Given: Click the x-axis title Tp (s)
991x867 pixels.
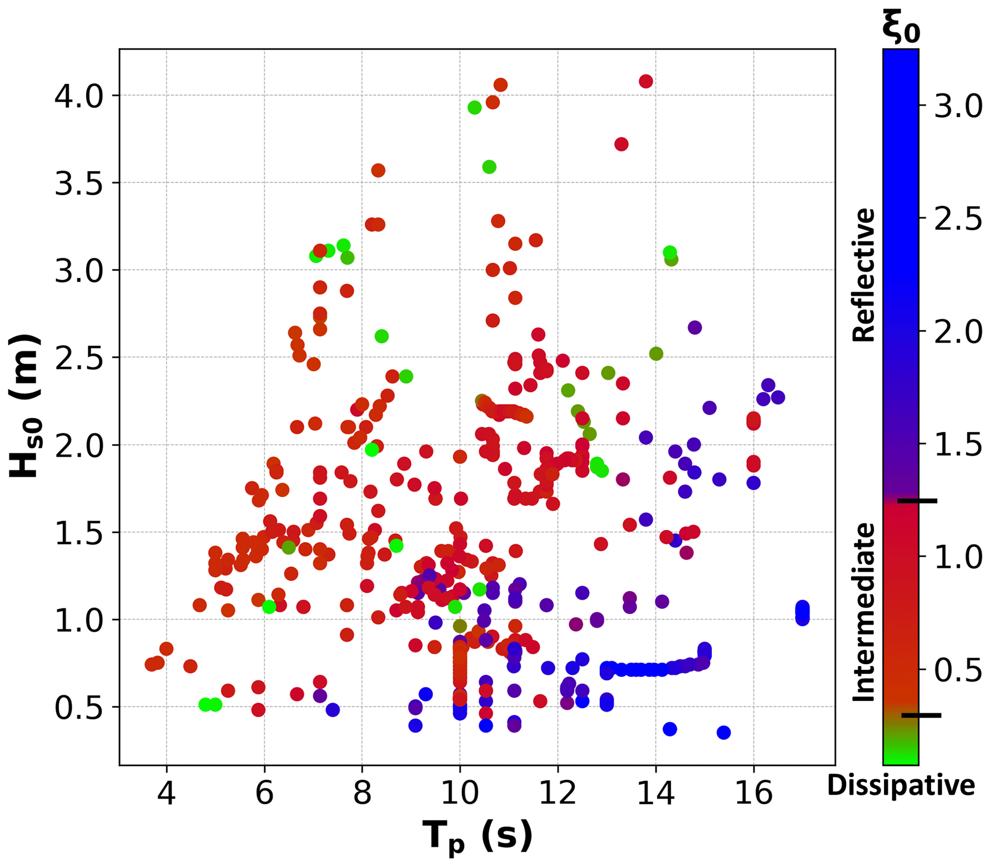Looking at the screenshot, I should (x=477, y=836).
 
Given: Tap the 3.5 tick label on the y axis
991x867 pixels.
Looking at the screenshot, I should (x=79, y=183).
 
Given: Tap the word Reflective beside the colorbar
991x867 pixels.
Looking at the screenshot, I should (x=864, y=275).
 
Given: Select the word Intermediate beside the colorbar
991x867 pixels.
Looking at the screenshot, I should (x=864, y=612).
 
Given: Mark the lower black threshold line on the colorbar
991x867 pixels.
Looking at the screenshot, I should (x=921, y=714).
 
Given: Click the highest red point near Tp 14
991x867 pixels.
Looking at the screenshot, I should (x=646, y=81).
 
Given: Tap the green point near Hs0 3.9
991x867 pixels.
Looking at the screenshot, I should (x=475, y=107).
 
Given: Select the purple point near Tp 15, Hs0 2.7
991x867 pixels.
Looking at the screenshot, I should (x=695, y=328).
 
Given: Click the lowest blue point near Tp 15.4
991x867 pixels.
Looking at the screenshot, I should (x=723, y=733).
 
